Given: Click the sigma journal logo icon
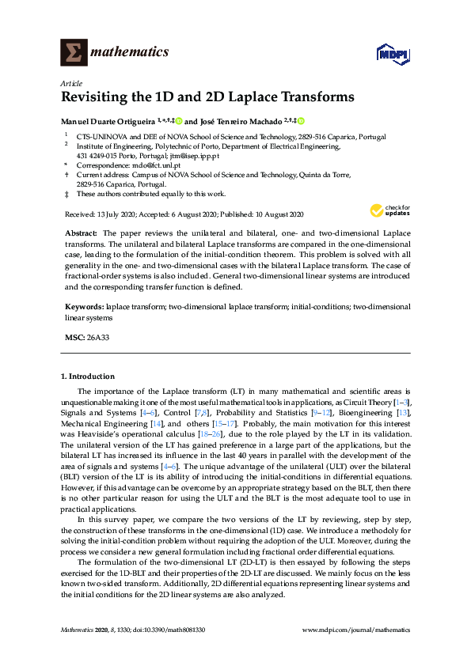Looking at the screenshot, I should point(74,53).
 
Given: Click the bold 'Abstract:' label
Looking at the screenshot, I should point(81,235).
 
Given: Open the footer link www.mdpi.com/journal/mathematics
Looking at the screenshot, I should point(357,630).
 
